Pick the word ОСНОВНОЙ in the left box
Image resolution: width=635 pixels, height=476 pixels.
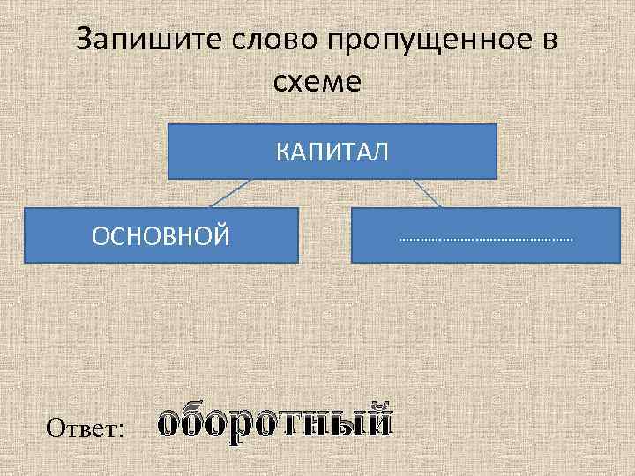[161, 235]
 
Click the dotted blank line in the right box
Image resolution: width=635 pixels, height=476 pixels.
[485, 239]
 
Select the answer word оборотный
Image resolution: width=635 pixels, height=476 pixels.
[275, 422]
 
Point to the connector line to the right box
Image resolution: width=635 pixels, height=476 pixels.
[427, 193]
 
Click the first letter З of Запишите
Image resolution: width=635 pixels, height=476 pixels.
[86, 41]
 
